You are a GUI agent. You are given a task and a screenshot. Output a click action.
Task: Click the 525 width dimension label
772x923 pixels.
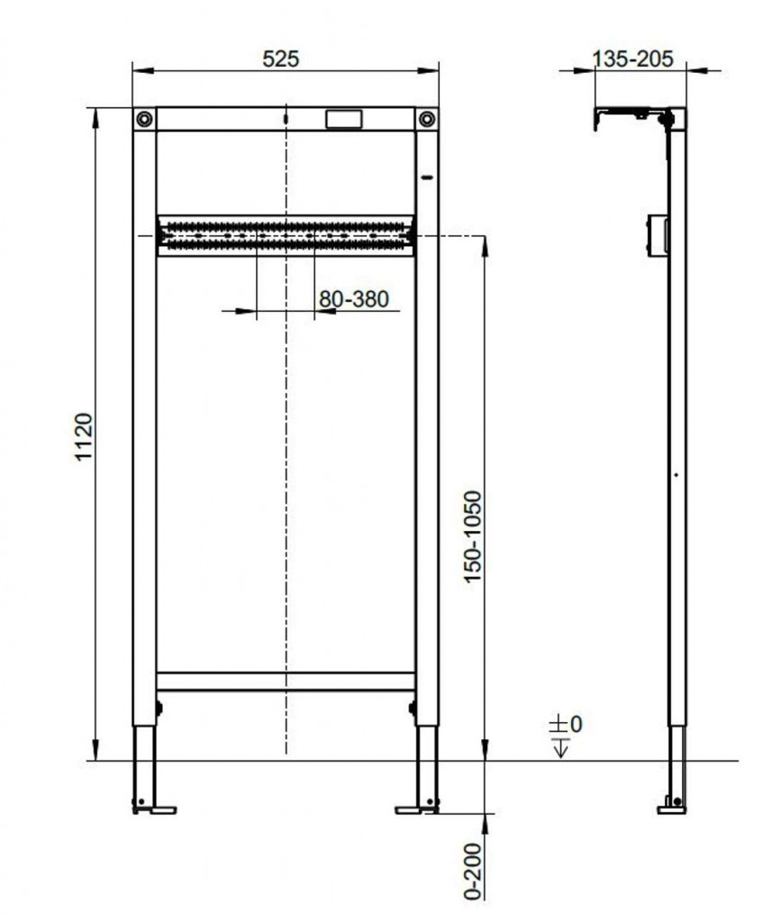(x=281, y=59)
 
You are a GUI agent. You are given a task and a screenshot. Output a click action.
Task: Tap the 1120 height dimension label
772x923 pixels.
(x=84, y=437)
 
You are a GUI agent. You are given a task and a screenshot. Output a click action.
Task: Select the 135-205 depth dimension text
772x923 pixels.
(x=632, y=59)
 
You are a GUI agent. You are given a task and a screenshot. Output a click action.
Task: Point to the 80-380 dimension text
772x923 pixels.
(x=354, y=299)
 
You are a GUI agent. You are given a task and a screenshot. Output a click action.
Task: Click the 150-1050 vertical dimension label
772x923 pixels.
(x=473, y=537)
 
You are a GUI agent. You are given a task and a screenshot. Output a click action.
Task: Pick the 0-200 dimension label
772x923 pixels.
(x=473, y=872)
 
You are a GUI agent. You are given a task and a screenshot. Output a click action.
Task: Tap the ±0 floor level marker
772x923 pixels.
(x=566, y=724)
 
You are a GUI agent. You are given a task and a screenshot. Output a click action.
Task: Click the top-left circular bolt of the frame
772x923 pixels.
(x=144, y=119)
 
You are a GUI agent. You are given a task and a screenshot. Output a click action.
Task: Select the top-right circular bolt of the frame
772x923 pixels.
(x=427, y=119)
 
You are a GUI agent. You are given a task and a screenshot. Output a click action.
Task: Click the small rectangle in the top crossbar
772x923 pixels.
(x=343, y=119)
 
